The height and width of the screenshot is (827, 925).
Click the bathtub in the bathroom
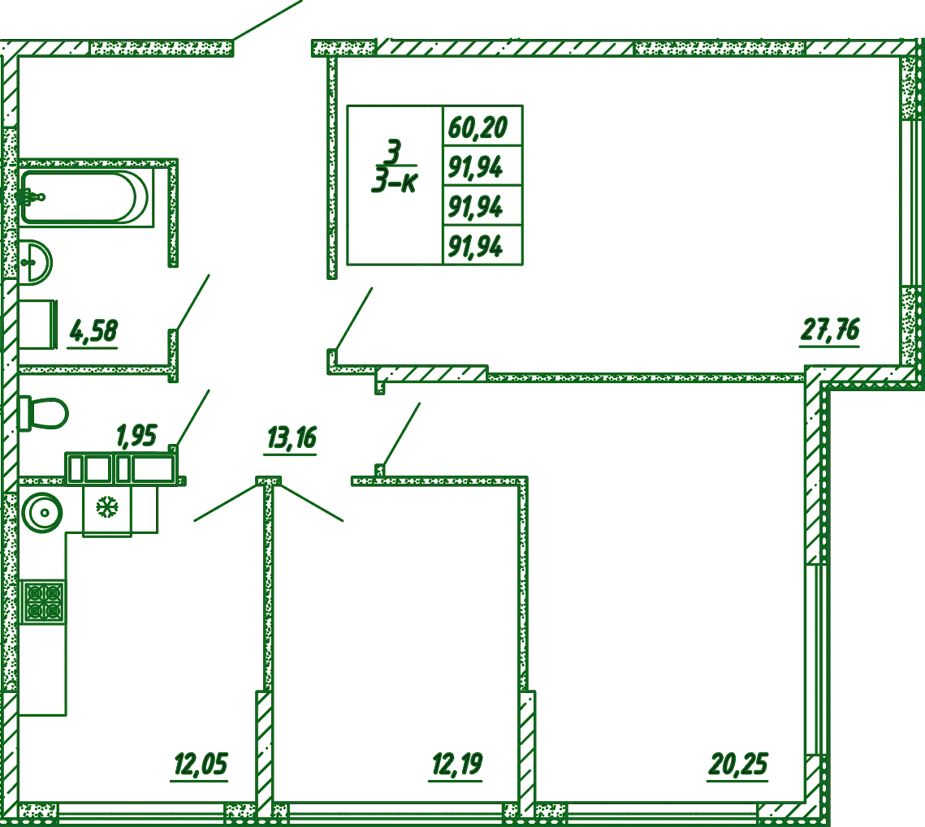tap(84, 197)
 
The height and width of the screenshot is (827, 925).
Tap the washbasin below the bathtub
tap(36, 262)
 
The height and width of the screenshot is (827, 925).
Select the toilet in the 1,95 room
tap(43, 413)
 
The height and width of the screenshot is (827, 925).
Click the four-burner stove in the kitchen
tap(43, 602)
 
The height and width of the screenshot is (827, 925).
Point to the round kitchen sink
tap(42, 511)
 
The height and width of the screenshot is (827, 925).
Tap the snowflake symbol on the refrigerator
tap(106, 506)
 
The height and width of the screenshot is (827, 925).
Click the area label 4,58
tap(93, 331)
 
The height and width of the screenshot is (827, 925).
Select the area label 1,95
tap(136, 436)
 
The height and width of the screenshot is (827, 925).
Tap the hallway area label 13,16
tap(292, 438)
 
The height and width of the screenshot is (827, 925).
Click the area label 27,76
tap(830, 330)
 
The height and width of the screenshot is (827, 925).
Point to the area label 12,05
tap(201, 765)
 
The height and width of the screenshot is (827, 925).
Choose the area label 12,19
tap(457, 765)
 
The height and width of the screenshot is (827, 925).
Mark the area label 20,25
tap(738, 765)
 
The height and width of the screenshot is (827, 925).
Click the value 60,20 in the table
tap(478, 127)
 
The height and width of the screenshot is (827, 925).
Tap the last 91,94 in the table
tap(475, 247)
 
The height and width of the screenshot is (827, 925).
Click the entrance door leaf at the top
tap(268, 20)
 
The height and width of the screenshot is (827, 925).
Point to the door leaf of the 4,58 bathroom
tap(193, 303)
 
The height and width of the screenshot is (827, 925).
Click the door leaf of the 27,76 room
tap(354, 320)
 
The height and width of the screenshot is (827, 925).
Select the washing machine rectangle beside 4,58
tap(37, 325)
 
